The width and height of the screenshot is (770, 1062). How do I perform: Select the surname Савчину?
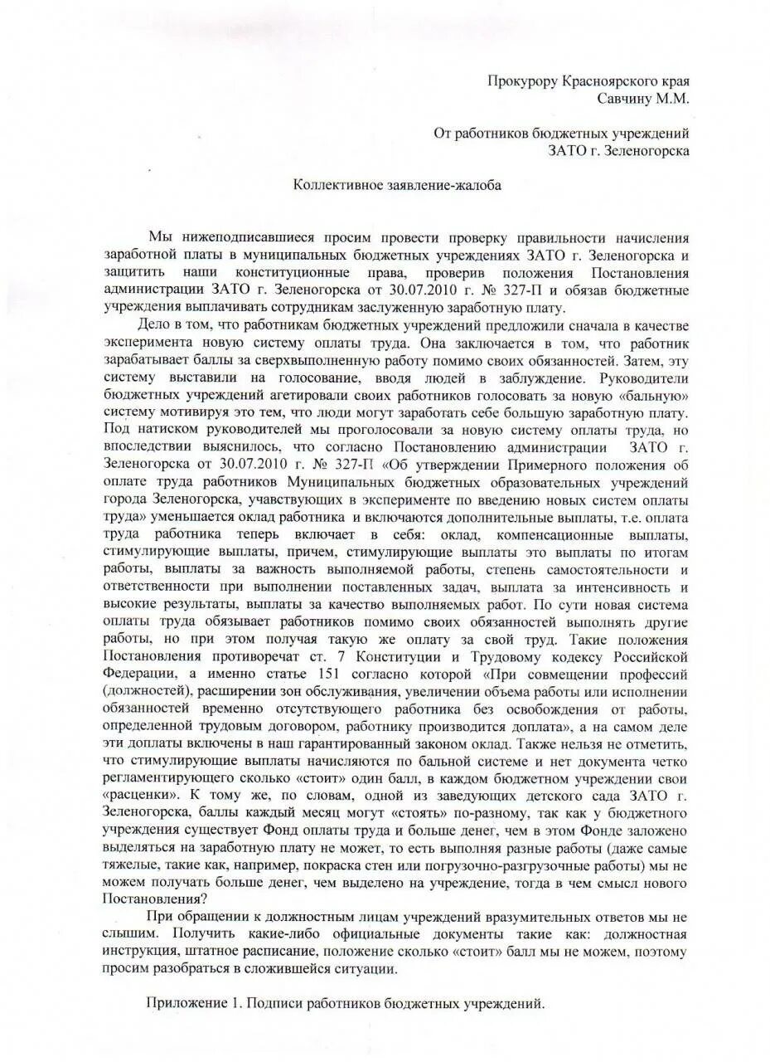(x=628, y=98)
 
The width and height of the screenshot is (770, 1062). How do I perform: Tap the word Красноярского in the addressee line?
(x=609, y=81)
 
